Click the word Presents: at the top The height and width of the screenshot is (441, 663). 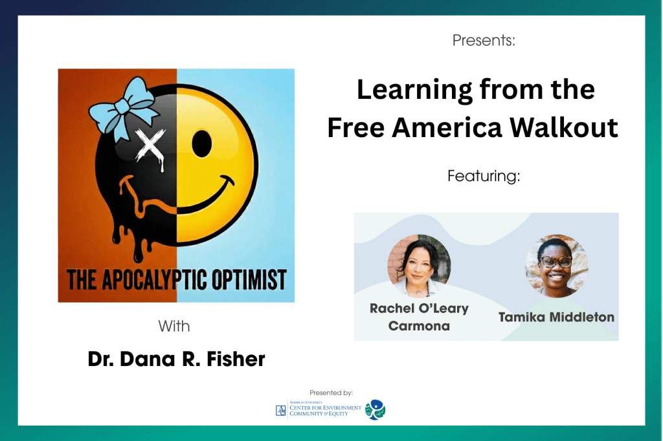(484, 40)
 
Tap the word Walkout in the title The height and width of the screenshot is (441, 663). (564, 127)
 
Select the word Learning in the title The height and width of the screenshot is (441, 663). (414, 91)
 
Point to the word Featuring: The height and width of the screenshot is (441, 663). (484, 176)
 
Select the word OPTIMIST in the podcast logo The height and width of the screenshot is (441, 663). (249, 279)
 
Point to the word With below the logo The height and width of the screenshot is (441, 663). (174, 326)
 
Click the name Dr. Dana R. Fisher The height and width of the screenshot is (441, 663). (176, 359)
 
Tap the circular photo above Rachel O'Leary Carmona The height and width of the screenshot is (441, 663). (419, 266)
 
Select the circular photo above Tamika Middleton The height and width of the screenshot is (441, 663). (556, 266)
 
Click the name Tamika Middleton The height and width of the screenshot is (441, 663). (556, 317)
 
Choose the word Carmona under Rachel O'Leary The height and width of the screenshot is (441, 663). (419, 326)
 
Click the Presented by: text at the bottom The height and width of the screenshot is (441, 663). (331, 393)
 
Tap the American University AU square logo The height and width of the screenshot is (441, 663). (281, 411)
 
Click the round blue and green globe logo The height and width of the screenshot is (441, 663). (376, 410)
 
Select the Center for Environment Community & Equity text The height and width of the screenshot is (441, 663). (325, 411)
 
